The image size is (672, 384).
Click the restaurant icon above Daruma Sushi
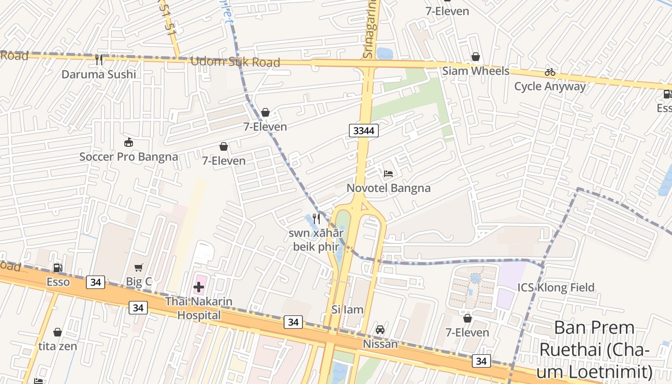click(x=99, y=60)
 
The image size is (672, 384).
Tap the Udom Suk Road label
click(x=235, y=62)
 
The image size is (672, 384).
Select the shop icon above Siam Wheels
click(x=476, y=57)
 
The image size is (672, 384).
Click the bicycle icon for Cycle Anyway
click(x=550, y=72)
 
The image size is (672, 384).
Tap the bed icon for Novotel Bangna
click(x=388, y=173)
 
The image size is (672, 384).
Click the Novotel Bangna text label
click(x=388, y=188)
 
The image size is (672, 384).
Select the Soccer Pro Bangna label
click(x=129, y=157)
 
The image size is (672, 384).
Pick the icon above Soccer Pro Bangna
click(x=129, y=142)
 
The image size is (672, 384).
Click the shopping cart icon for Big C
click(x=139, y=267)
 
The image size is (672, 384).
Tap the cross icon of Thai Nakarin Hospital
click(x=199, y=288)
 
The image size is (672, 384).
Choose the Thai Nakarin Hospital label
click(x=199, y=308)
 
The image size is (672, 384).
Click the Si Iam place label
click(x=348, y=310)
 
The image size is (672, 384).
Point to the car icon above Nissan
click(x=380, y=330)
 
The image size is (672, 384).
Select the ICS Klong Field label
click(x=556, y=288)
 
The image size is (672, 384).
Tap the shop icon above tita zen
click(x=58, y=332)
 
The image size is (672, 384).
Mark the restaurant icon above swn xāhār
click(x=316, y=219)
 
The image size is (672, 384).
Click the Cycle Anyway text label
click(x=550, y=86)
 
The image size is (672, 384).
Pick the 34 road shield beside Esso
click(x=96, y=282)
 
